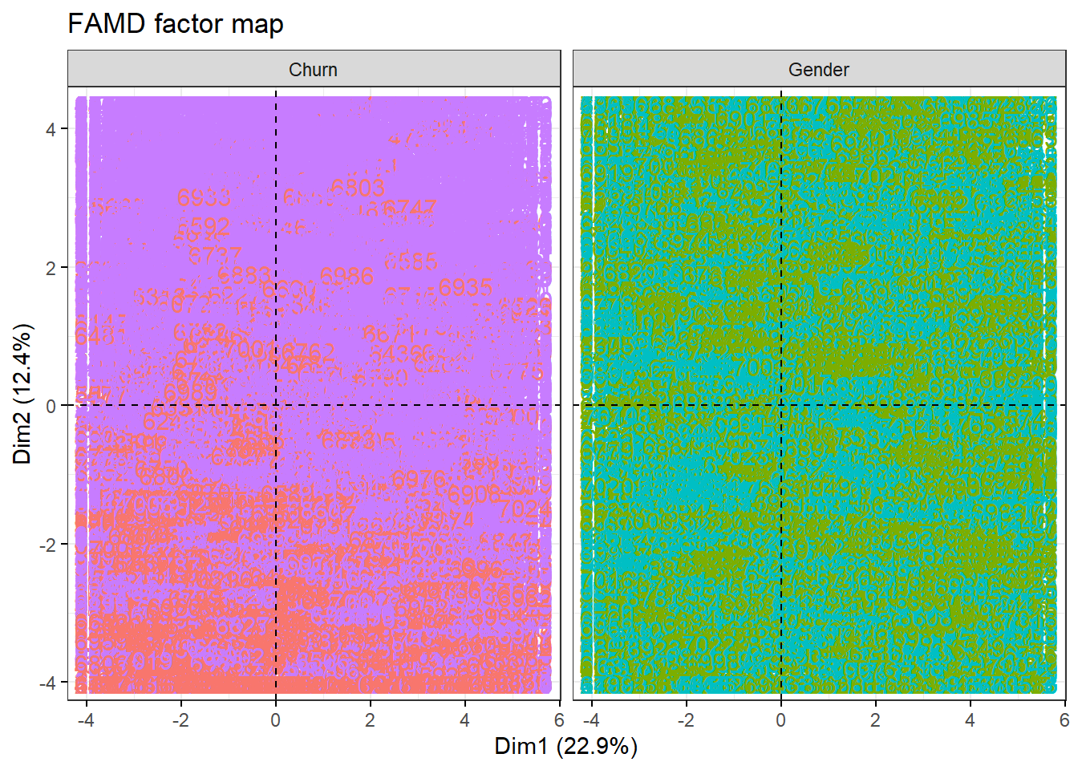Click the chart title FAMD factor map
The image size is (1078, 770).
pos(176,24)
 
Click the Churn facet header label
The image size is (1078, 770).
pos(313,70)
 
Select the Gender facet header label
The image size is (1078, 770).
pos(818,70)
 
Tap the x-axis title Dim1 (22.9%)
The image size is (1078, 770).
pos(565,747)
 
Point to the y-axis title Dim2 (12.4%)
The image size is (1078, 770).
pos(22,393)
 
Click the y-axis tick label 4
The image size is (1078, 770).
pos(51,129)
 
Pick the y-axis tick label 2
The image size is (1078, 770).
pos(51,268)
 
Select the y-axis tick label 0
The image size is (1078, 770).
pos(51,406)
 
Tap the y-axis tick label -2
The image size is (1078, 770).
pos(48,545)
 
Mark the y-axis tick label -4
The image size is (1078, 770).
pos(48,683)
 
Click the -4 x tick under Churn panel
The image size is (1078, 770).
pos(86,720)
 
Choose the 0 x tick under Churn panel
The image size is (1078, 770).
pos(276,720)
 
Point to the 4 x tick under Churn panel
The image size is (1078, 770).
pos(465,720)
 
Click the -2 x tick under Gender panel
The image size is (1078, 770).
pos(686,720)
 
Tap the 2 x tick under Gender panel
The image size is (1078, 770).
pos(876,720)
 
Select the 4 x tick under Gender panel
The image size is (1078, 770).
pos(971,720)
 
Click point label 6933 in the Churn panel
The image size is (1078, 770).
pos(204,197)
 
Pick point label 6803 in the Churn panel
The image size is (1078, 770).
pos(358,188)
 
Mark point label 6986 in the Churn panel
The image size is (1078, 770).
pos(346,278)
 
